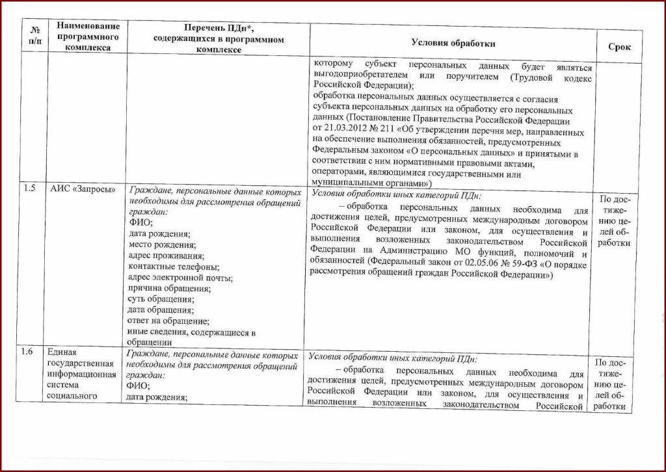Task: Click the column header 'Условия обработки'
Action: pos(453,43)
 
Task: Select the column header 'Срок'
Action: pos(619,47)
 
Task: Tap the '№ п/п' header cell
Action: pos(34,36)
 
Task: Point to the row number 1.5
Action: pos(29,189)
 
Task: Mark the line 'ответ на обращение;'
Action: pos(168,321)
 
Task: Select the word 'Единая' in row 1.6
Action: pos(62,352)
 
